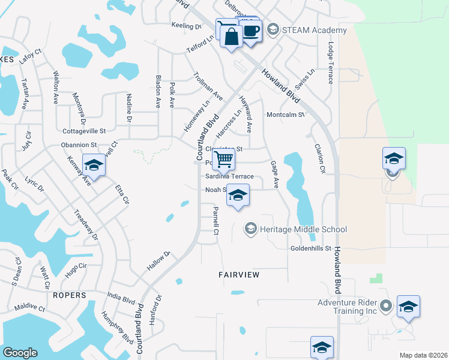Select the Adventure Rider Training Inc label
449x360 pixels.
click(x=348, y=307)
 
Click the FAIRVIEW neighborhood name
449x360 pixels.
click(x=239, y=275)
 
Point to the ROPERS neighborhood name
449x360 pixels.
click(x=68, y=296)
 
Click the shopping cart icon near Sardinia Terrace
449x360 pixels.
click(x=223, y=159)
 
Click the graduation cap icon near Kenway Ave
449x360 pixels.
click(x=94, y=164)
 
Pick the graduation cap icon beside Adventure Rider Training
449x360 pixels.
click(x=408, y=307)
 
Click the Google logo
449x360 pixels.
click(x=20, y=353)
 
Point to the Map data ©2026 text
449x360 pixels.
click(x=423, y=355)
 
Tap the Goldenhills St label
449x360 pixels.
click(x=311, y=248)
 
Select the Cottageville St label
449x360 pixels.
click(x=84, y=130)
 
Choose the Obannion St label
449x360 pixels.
click(x=79, y=145)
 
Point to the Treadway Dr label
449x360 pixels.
click(x=85, y=223)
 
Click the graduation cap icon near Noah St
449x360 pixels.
click(x=238, y=195)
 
